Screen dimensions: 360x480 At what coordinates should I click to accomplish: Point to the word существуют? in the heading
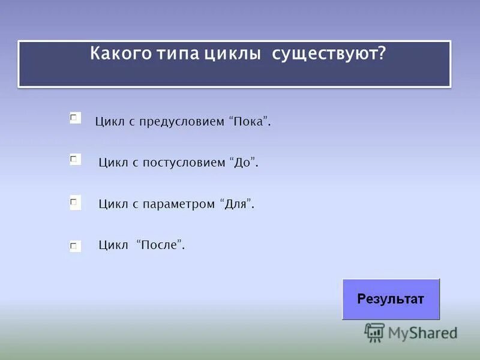click(329, 53)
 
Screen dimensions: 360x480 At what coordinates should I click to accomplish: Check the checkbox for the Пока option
click(75, 118)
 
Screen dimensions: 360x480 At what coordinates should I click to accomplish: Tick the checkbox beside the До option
click(75, 160)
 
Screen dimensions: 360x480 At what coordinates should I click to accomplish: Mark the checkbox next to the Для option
click(75, 203)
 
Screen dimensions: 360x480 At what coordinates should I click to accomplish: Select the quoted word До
click(243, 163)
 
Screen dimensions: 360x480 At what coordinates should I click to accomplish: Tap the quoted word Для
click(237, 204)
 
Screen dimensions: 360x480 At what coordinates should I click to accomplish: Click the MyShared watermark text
click(422, 333)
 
